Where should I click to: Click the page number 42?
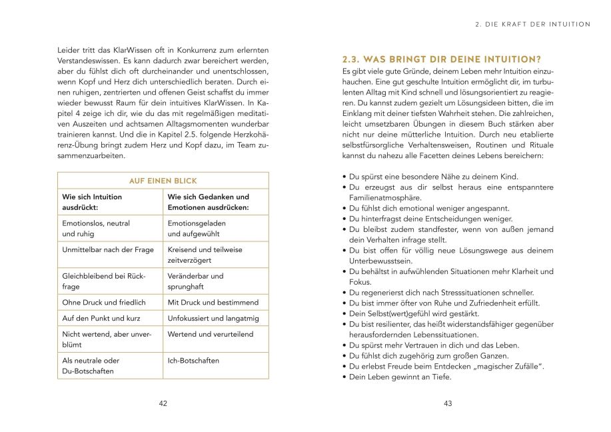[x=163, y=403]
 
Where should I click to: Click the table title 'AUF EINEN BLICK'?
[x=163, y=181]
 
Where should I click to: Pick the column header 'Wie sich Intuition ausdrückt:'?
[x=93, y=202]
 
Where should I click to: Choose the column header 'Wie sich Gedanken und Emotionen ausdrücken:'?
[x=208, y=202]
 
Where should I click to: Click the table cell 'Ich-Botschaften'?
[x=193, y=361]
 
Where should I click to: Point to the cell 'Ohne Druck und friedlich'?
[x=103, y=302]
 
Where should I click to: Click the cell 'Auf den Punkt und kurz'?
[x=101, y=318]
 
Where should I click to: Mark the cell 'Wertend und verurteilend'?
[x=210, y=334]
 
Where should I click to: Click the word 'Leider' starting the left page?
[x=69, y=50]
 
